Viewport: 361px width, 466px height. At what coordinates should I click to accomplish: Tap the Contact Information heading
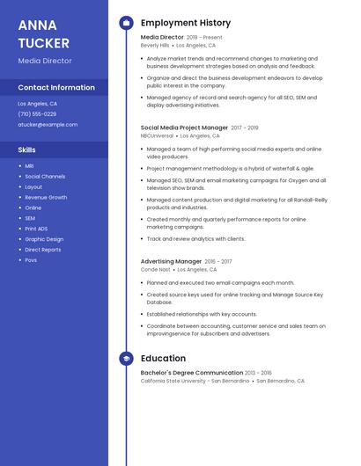56,87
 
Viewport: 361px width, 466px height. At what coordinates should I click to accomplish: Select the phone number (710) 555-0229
37,114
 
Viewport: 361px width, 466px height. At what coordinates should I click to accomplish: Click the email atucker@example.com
48,125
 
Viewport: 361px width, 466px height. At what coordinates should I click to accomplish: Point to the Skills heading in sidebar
26,149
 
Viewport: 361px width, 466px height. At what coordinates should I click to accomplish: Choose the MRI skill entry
29,166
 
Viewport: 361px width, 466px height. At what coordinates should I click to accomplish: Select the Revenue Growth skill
46,197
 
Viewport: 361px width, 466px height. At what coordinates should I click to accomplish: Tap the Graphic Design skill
44,239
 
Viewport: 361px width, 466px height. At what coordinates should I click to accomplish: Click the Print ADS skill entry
36,229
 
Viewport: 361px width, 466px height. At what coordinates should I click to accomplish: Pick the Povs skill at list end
31,260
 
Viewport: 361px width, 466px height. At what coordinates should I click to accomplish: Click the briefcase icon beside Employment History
126,23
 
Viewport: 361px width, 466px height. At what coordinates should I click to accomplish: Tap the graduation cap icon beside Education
126,359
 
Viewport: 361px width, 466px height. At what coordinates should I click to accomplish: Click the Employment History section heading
185,23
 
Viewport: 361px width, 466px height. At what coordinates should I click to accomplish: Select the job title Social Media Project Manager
184,127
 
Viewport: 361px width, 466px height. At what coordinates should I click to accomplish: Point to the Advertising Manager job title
171,261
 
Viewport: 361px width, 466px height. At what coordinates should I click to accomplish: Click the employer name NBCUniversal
157,136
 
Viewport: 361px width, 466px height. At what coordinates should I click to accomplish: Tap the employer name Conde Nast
156,270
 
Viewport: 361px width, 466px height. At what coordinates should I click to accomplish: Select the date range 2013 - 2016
258,373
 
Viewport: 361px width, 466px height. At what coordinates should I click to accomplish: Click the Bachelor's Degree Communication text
191,373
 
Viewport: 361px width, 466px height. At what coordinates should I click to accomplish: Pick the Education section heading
163,359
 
